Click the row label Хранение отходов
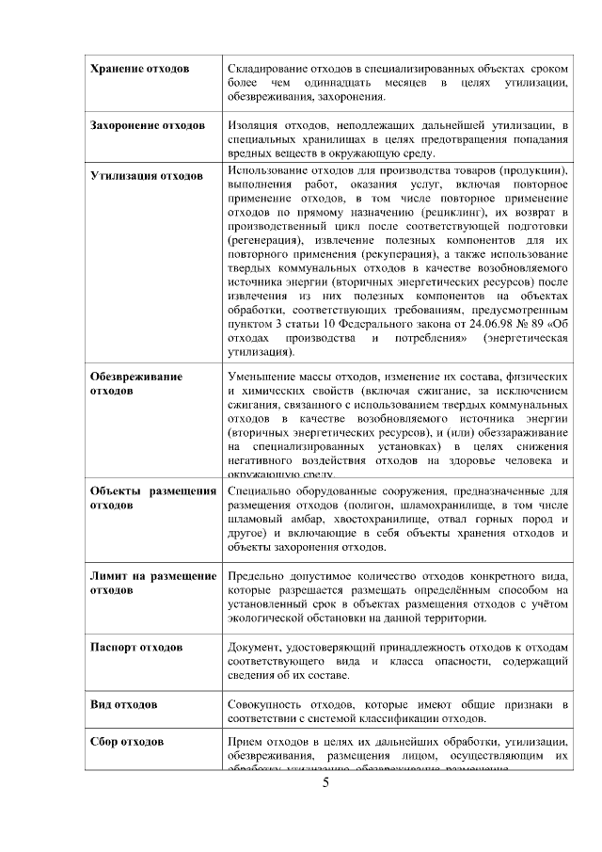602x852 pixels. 139,70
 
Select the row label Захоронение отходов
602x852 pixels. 148,125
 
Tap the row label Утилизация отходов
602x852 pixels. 146,176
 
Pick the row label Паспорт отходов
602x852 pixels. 136,648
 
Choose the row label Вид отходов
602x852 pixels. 123,704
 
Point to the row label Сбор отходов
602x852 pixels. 127,742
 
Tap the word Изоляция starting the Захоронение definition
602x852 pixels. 257,125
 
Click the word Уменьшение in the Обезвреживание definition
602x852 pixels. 264,376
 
